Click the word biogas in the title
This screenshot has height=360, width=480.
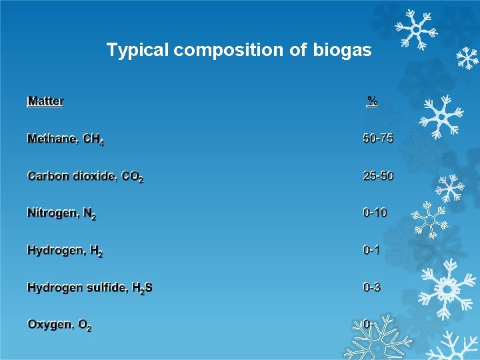point(342,50)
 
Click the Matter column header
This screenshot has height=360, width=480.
point(45,101)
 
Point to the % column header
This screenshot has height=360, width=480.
point(373,101)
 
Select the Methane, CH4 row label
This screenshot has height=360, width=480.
point(65,139)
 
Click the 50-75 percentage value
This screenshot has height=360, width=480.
point(378,139)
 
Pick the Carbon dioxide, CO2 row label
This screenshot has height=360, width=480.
point(85,177)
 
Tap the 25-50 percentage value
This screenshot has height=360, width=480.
point(378,176)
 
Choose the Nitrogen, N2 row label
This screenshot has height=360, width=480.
point(61,214)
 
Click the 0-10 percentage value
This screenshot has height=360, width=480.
point(375,213)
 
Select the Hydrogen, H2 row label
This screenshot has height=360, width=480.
point(65,251)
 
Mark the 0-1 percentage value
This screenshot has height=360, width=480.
point(371,251)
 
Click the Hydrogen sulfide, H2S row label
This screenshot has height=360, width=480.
point(89,288)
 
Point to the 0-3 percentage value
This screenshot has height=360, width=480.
point(371,288)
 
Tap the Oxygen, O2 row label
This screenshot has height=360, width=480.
point(59,325)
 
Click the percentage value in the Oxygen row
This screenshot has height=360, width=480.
point(367,325)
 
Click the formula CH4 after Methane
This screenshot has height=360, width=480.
point(93,140)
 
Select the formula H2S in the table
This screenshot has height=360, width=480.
point(142,289)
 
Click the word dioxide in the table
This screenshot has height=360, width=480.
point(95,177)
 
